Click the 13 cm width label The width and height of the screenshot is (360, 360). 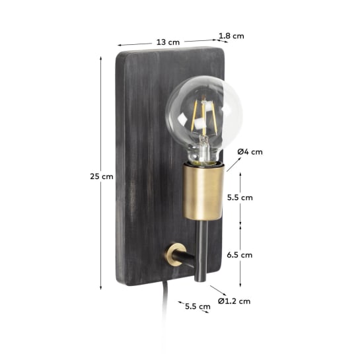point(168,42)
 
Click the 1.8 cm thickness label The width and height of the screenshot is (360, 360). point(232,36)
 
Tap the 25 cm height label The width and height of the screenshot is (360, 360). point(102,176)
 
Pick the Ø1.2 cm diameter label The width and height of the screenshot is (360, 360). point(236,301)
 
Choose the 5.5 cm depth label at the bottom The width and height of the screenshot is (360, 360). point(197,306)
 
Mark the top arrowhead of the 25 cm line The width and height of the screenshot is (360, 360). point(100,59)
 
